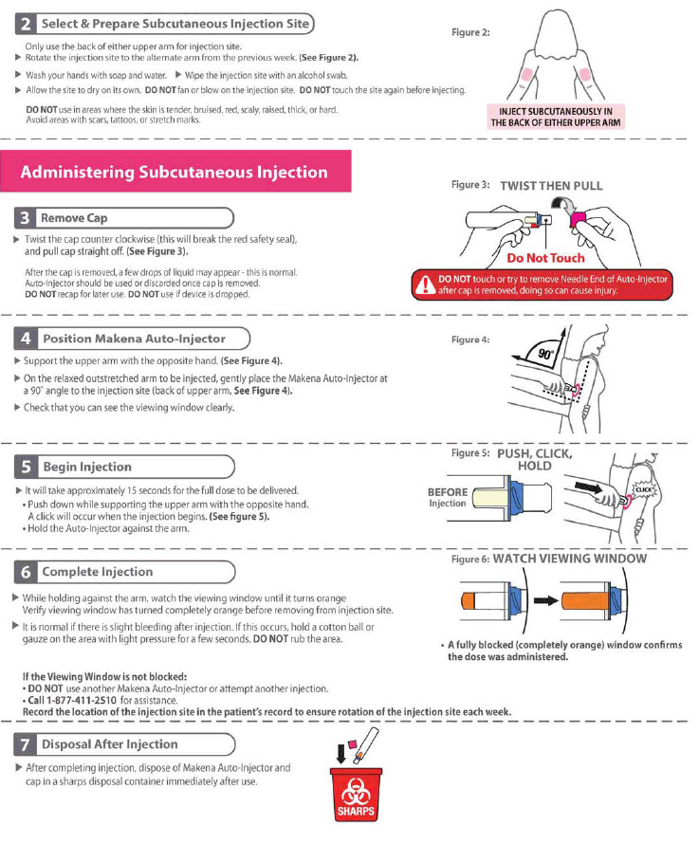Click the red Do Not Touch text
(545, 258)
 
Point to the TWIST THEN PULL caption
(551, 186)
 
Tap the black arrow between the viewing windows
(544, 599)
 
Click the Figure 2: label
(470, 32)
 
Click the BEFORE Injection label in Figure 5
(447, 498)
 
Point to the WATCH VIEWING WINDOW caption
(569, 559)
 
